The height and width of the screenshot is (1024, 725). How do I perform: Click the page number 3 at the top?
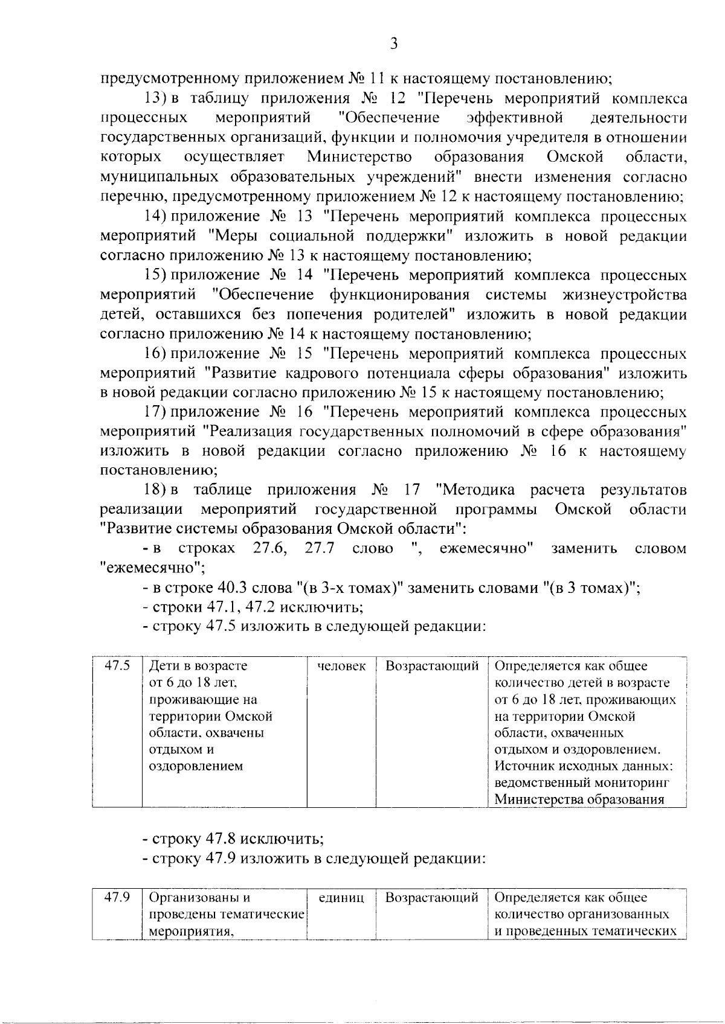pyautogui.click(x=393, y=43)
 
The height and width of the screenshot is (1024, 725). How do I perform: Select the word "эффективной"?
pyautogui.click(x=515, y=118)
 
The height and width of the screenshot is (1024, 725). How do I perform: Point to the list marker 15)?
pyautogui.click(x=155, y=275)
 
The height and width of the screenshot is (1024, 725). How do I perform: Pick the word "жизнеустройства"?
pyautogui.click(x=625, y=295)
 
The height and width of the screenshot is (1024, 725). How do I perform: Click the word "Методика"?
pyautogui.click(x=475, y=490)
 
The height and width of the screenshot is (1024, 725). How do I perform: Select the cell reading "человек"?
pyautogui.click(x=341, y=666)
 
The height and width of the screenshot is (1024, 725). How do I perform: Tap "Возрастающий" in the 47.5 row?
pyautogui.click(x=432, y=666)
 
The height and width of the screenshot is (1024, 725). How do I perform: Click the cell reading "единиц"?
pyautogui.click(x=341, y=898)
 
